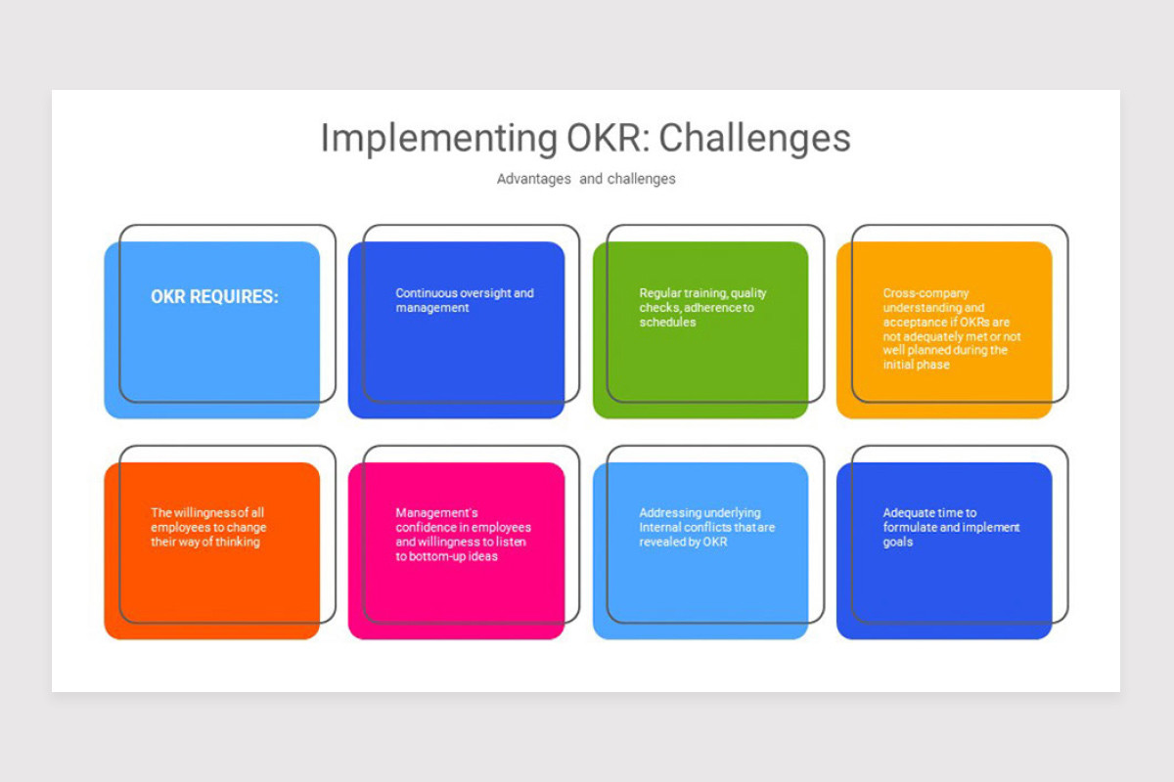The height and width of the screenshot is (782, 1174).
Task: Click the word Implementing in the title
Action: pyautogui.click(x=439, y=139)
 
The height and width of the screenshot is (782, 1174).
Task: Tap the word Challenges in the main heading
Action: pyautogui.click(x=754, y=139)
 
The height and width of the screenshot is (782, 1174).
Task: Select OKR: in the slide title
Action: pyautogui.click(x=609, y=138)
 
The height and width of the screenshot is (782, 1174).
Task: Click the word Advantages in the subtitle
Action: pyautogui.click(x=533, y=179)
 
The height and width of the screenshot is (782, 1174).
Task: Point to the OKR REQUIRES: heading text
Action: pyautogui.click(x=214, y=296)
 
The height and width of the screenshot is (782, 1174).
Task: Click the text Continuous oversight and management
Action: pyautogui.click(x=465, y=300)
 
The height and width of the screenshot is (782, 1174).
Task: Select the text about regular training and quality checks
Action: pyautogui.click(x=702, y=308)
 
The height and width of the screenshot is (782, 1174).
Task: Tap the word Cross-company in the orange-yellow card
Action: pyautogui.click(x=926, y=293)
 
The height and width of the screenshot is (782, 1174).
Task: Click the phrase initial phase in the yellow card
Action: pyautogui.click(x=916, y=365)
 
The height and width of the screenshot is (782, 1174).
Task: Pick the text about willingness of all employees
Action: pyautogui.click(x=208, y=527)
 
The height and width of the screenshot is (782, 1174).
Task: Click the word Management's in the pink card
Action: pyautogui.click(x=436, y=513)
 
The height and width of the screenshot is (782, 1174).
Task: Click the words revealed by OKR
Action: pyautogui.click(x=683, y=542)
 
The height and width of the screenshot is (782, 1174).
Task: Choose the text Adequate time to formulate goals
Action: pyautogui.click(x=951, y=527)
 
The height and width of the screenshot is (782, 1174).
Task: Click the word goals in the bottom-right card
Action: pyautogui.click(x=898, y=543)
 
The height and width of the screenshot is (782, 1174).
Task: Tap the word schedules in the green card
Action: pyautogui.click(x=667, y=323)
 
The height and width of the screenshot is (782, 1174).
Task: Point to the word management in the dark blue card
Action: pyautogui.click(x=432, y=308)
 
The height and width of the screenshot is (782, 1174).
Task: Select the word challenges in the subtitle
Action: pyautogui.click(x=642, y=179)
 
